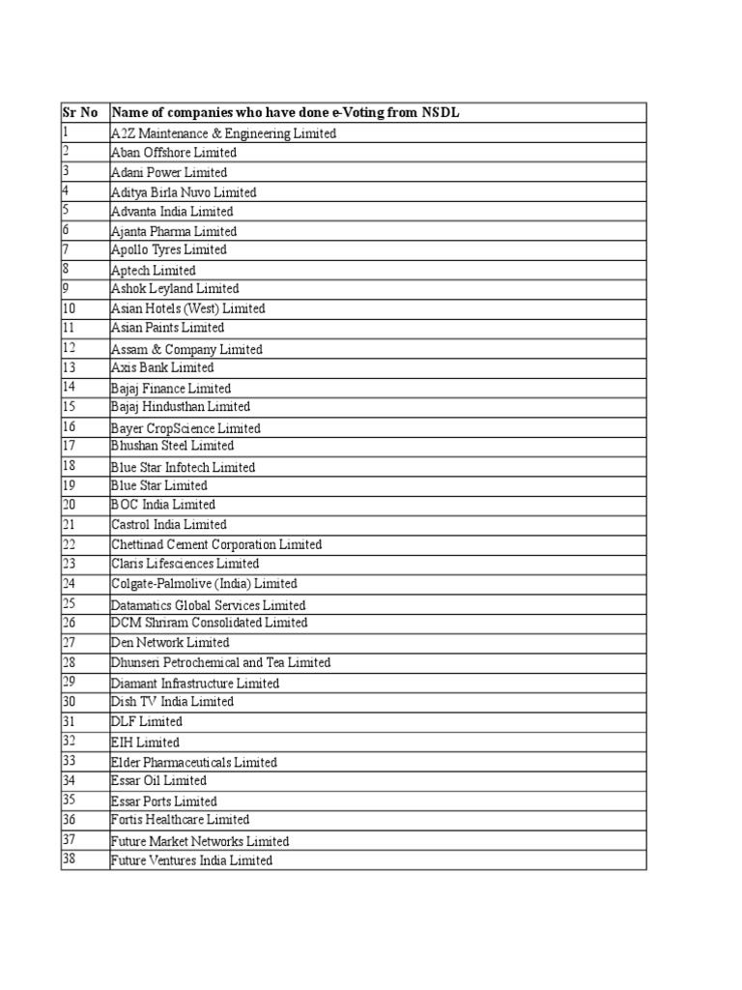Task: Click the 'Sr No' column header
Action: (80, 113)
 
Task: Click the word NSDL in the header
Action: (440, 113)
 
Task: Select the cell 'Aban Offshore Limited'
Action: (174, 153)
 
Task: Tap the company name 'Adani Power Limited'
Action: (169, 172)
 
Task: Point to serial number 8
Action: (66, 269)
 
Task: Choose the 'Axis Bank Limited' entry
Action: (162, 368)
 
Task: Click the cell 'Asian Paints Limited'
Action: (167, 329)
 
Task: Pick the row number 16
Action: (69, 426)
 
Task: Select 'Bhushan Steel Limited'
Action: (172, 447)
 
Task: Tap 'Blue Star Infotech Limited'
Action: (184, 468)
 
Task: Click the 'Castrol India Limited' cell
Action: (169, 525)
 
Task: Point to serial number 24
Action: (69, 583)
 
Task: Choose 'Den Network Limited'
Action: (170, 643)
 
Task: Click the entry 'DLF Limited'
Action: (147, 722)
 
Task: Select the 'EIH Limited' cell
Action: (145, 742)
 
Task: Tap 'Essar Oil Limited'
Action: (159, 781)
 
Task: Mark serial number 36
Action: (69, 819)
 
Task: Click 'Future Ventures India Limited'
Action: (192, 860)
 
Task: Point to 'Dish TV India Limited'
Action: (172, 702)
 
